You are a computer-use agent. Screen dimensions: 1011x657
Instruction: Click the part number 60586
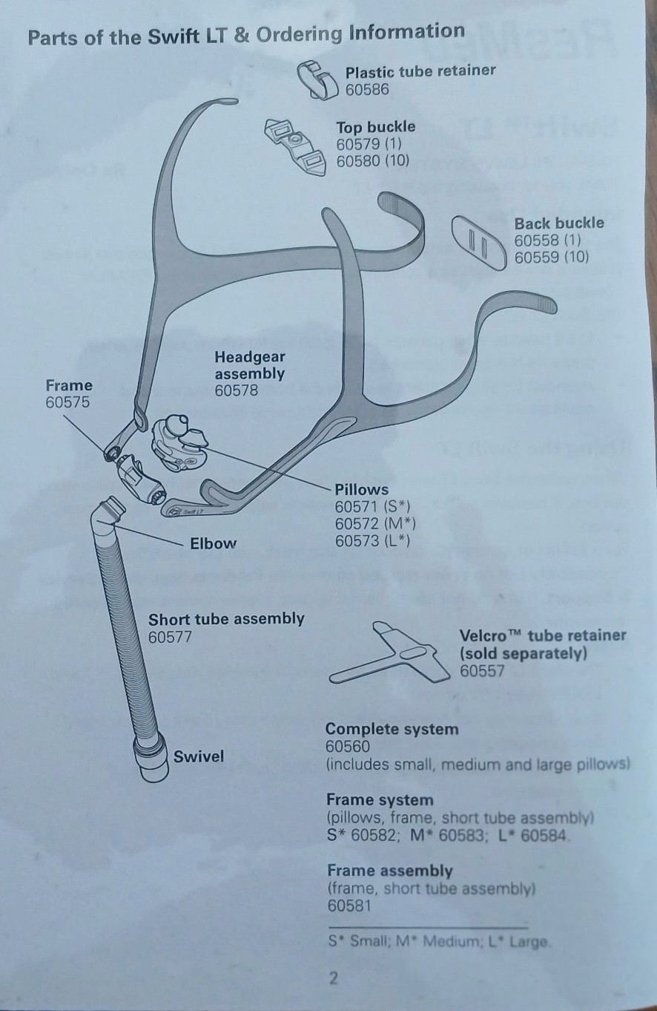tap(367, 90)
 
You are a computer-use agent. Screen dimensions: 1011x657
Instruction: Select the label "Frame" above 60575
tap(69, 385)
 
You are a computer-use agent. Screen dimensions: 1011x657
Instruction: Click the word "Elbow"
tap(213, 543)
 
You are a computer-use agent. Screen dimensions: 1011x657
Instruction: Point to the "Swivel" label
tap(199, 757)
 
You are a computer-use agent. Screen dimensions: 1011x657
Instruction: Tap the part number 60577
tap(170, 637)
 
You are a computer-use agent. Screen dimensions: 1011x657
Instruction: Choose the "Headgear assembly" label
tap(249, 365)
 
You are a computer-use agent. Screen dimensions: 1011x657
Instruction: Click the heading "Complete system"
tap(392, 729)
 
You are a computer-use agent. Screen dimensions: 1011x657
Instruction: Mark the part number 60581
tap(349, 906)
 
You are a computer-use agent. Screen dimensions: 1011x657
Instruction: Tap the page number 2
tap(334, 978)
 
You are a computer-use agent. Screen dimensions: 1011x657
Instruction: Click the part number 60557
tap(482, 671)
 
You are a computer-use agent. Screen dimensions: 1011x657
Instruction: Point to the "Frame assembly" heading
tap(389, 871)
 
